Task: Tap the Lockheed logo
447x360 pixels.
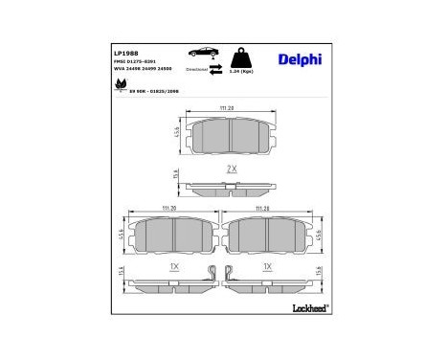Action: [307, 307]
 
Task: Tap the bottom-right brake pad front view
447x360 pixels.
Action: [268, 234]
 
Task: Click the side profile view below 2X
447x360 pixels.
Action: [227, 187]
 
